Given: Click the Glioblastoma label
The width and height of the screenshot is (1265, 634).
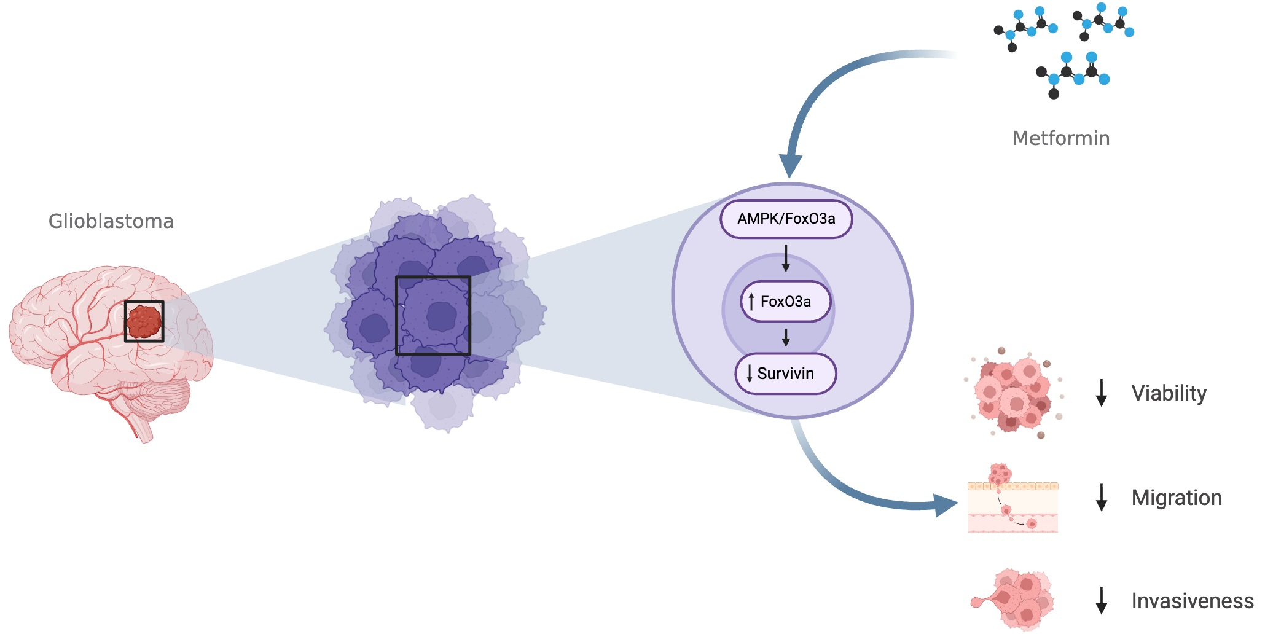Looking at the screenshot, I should (x=111, y=221).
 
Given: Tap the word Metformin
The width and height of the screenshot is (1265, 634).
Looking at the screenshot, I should (x=1061, y=138).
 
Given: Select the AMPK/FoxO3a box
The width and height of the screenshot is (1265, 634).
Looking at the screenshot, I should (x=786, y=219).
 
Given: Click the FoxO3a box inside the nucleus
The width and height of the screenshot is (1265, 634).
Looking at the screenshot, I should (x=786, y=302).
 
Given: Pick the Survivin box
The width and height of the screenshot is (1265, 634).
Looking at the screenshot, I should (x=786, y=374).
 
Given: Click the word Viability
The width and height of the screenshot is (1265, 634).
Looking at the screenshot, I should (x=1169, y=393).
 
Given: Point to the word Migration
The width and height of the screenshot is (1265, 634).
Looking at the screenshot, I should (x=1176, y=498).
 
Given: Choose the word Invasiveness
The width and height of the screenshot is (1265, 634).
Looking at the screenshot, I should (x=1192, y=601).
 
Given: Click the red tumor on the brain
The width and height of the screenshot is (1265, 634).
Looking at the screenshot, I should (x=144, y=321).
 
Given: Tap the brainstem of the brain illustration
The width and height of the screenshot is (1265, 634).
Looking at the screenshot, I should (x=142, y=427).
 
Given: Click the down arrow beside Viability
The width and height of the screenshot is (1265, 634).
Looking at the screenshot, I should (x=1102, y=393).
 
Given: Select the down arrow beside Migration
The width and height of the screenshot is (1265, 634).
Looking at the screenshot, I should (x=1102, y=498).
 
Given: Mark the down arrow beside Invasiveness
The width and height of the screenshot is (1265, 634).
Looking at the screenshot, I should (x=1102, y=601).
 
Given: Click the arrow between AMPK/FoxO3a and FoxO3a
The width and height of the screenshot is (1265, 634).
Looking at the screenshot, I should (x=786, y=259).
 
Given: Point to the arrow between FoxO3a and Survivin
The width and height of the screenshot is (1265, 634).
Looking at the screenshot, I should (x=786, y=338).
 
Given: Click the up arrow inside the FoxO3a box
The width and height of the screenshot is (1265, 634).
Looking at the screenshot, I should (x=751, y=302).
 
